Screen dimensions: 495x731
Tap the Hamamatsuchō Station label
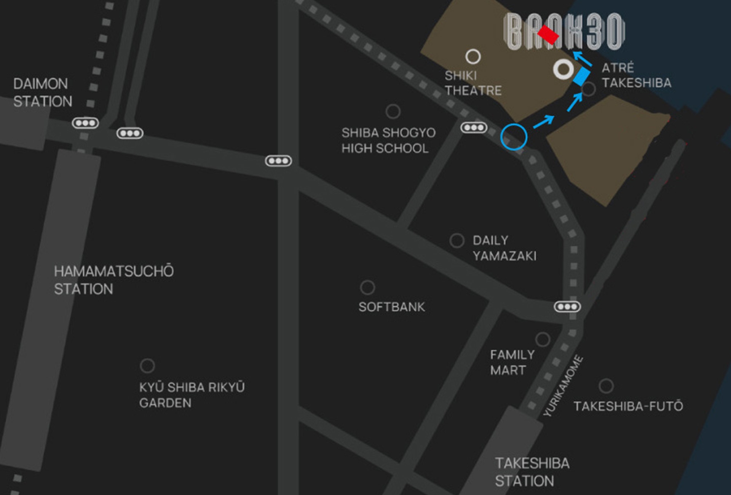pos(113,280)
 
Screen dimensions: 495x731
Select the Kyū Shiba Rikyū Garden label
pos(192,395)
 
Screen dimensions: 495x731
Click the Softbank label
pos(391,307)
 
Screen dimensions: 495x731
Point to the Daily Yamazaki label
pos(504,248)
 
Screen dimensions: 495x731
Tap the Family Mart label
pos(512,362)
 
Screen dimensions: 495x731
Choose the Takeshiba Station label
pos(532,472)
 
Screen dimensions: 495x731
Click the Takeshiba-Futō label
pos(628,406)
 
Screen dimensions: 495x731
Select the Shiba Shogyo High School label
pos(388,140)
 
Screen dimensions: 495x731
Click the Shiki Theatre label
pos(473,83)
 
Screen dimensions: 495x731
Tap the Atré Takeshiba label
pos(636,75)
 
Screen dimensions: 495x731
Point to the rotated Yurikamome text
pos(563,385)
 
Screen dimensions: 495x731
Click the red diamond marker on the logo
pos(548,34)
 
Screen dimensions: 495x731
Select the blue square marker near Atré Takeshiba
pos(581,76)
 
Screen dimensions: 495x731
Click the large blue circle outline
pos(514,137)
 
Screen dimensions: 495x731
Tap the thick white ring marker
pos(563,69)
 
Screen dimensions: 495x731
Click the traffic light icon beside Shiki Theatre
pos(474,127)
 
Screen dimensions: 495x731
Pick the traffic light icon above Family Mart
pos(567,307)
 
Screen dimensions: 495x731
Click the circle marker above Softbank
pos(367,287)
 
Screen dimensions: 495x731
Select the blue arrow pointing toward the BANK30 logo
pos(583,59)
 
